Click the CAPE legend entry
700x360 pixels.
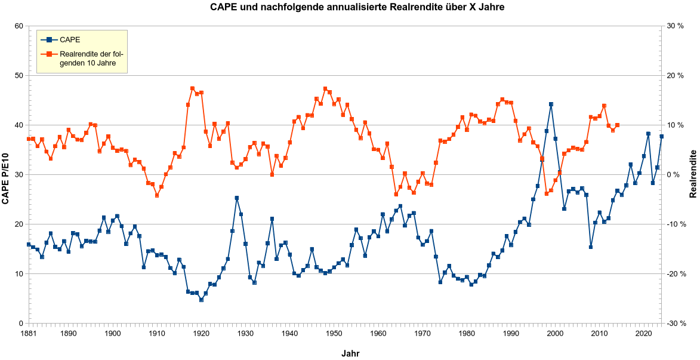pos(70,40)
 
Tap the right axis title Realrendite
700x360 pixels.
pos(693,174)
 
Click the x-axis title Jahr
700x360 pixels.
pos(350,353)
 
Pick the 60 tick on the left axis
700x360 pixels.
pos(18,26)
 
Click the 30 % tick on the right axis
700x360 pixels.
pos(677,26)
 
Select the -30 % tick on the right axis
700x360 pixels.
pos(676,324)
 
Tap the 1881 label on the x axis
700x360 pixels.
pos(28,333)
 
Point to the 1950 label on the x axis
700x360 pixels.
pos(334,333)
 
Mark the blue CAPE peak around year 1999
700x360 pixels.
pos(551,104)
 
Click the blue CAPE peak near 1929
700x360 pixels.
pos(237,198)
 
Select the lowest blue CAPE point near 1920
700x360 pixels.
pos(201,300)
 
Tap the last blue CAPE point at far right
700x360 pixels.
pos(661,137)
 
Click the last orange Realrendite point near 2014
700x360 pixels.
pos(617,125)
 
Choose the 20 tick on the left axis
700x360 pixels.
pos(18,224)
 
